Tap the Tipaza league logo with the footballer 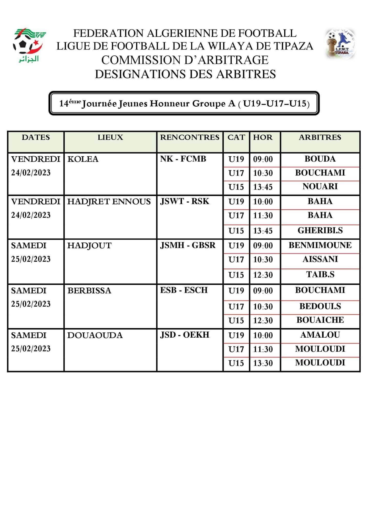pos(341,44)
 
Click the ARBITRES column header pos(320,137)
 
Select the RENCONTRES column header pos(190,137)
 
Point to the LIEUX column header pos(110,137)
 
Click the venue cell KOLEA pos(83,159)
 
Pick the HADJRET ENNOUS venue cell pos(109,202)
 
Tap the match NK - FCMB pos(183,159)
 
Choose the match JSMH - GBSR pos(188,245)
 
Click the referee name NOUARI pos(320,186)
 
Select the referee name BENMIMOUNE pos(320,245)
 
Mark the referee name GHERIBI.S pos(320,230)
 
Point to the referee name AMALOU pos(320,335)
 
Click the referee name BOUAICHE pos(320,320)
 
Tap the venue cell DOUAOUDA pos(95,335)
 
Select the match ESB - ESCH pos(184,290)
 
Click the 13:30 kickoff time pos(263,363)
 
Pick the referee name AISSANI pos(320,259)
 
